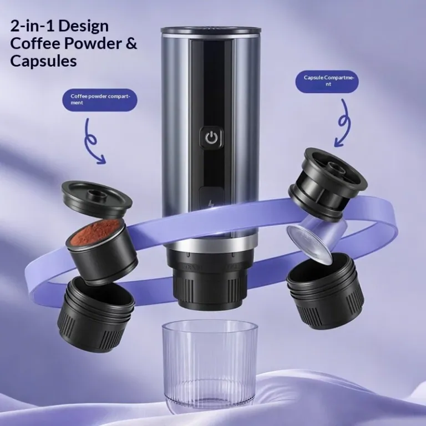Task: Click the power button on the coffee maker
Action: click(x=211, y=139)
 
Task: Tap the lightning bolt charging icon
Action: click(x=211, y=204)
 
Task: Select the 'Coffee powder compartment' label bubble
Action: click(x=100, y=100)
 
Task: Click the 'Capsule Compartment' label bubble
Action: click(x=327, y=81)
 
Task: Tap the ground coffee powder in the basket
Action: click(x=94, y=232)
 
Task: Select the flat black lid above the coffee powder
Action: click(x=97, y=199)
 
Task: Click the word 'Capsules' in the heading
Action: click(x=43, y=61)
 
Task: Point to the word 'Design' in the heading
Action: click(x=84, y=27)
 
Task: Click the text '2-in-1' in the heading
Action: click(x=33, y=27)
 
